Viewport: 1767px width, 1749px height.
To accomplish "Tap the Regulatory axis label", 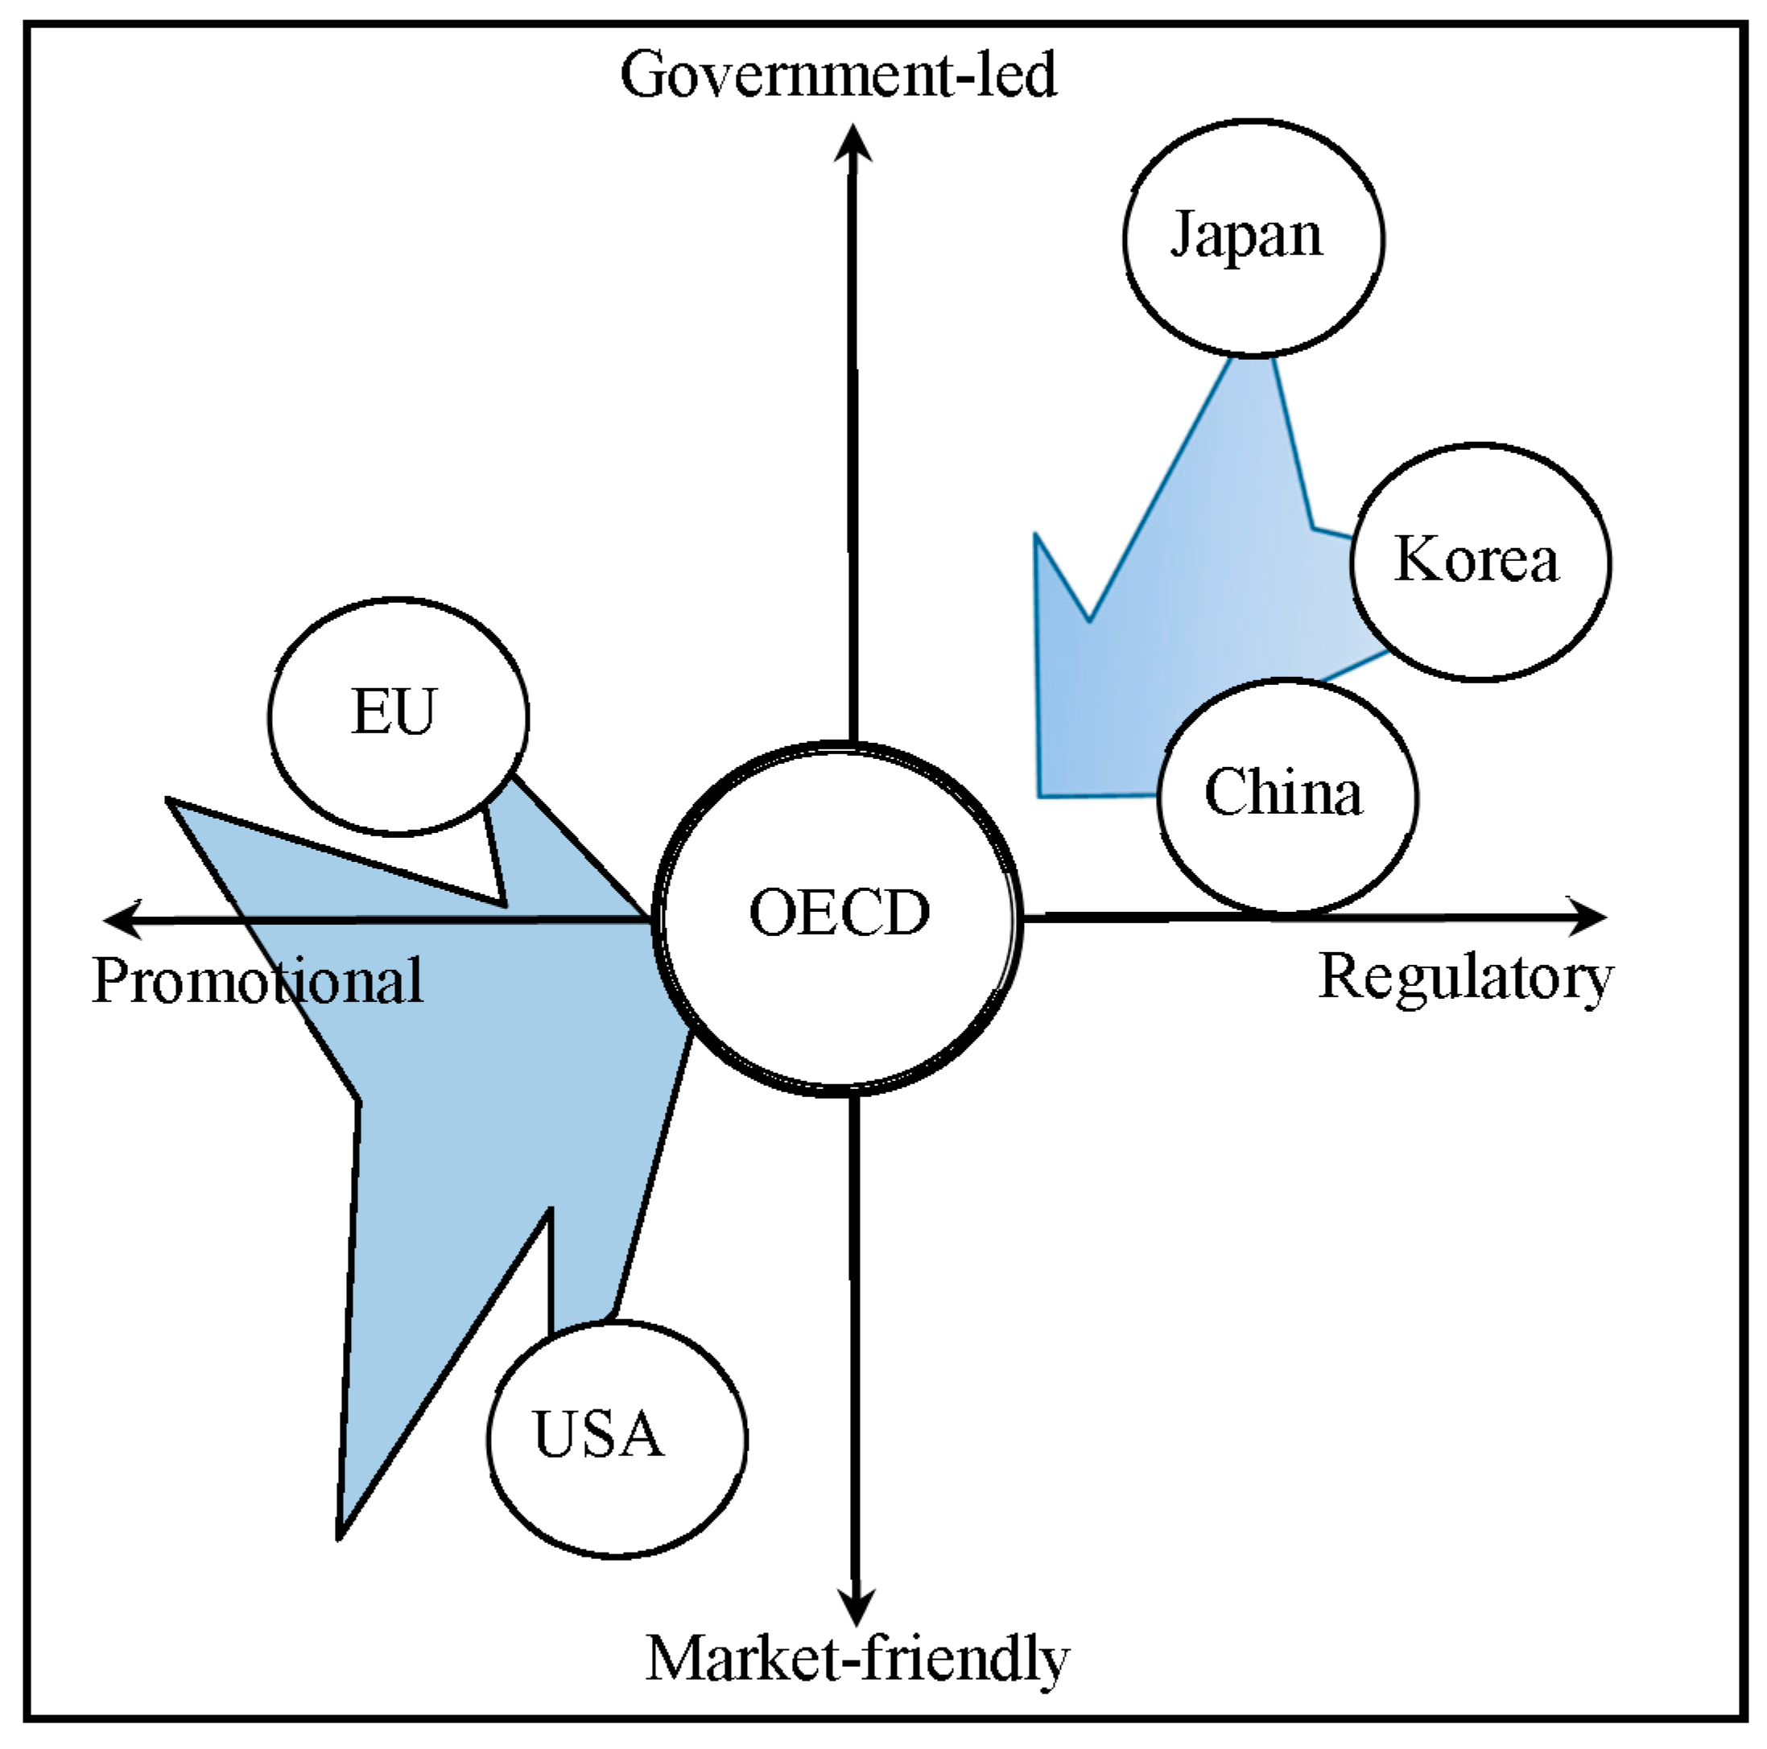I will coord(1465,977).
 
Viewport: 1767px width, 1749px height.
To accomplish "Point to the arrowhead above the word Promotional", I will coord(123,919).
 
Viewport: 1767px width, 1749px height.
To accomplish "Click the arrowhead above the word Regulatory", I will coord(1587,917).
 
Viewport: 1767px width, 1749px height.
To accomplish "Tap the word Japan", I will coord(1247,236).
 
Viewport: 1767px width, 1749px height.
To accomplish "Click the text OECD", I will coord(839,913).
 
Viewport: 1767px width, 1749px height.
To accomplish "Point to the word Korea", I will coord(1476,559).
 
